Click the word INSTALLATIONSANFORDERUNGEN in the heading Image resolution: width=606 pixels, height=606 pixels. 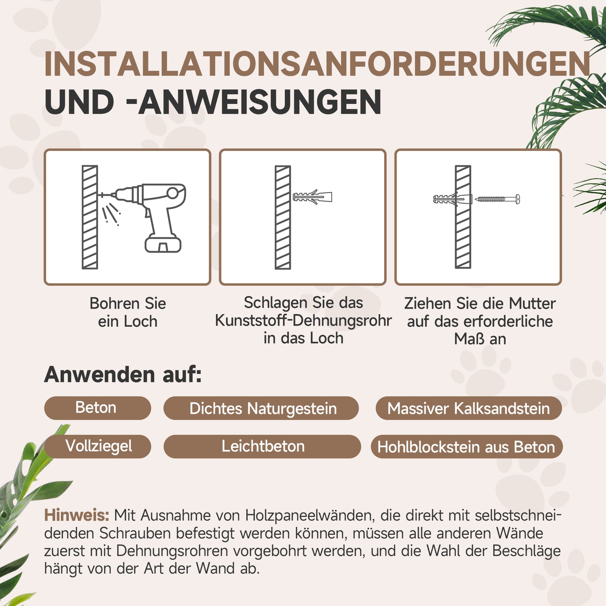click(x=317, y=64)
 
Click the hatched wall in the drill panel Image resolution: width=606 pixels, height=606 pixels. click(x=90, y=217)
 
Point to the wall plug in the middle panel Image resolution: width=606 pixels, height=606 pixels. click(x=312, y=197)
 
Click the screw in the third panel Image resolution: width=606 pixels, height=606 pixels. click(x=497, y=199)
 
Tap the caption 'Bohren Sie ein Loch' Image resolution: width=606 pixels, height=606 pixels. click(x=127, y=312)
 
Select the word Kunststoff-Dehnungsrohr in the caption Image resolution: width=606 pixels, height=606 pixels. click(x=303, y=320)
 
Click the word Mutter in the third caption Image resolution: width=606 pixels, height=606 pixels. click(x=532, y=303)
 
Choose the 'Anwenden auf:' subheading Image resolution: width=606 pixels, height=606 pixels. click(x=123, y=375)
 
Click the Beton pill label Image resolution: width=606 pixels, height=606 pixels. click(x=96, y=408)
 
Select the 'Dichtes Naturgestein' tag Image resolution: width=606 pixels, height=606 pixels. click(x=263, y=408)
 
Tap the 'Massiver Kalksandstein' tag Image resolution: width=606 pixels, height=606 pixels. click(x=468, y=408)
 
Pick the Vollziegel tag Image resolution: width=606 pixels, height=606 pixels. click(x=99, y=446)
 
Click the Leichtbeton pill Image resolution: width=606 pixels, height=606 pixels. click(x=263, y=446)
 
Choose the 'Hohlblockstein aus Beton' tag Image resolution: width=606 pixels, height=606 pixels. click(x=466, y=447)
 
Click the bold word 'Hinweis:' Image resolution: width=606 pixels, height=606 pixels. click(x=77, y=515)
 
